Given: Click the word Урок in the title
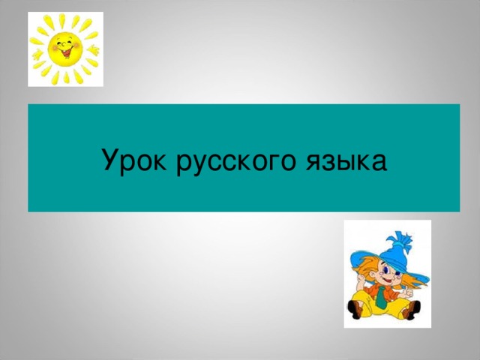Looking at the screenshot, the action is tap(134, 160).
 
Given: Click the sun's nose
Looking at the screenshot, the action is tap(64, 46).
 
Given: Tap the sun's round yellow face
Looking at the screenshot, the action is tap(65, 49).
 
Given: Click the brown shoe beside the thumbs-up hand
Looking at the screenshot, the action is tap(412, 309).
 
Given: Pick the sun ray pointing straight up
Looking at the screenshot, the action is tap(62, 20).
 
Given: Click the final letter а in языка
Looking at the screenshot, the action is tap(379, 163).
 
